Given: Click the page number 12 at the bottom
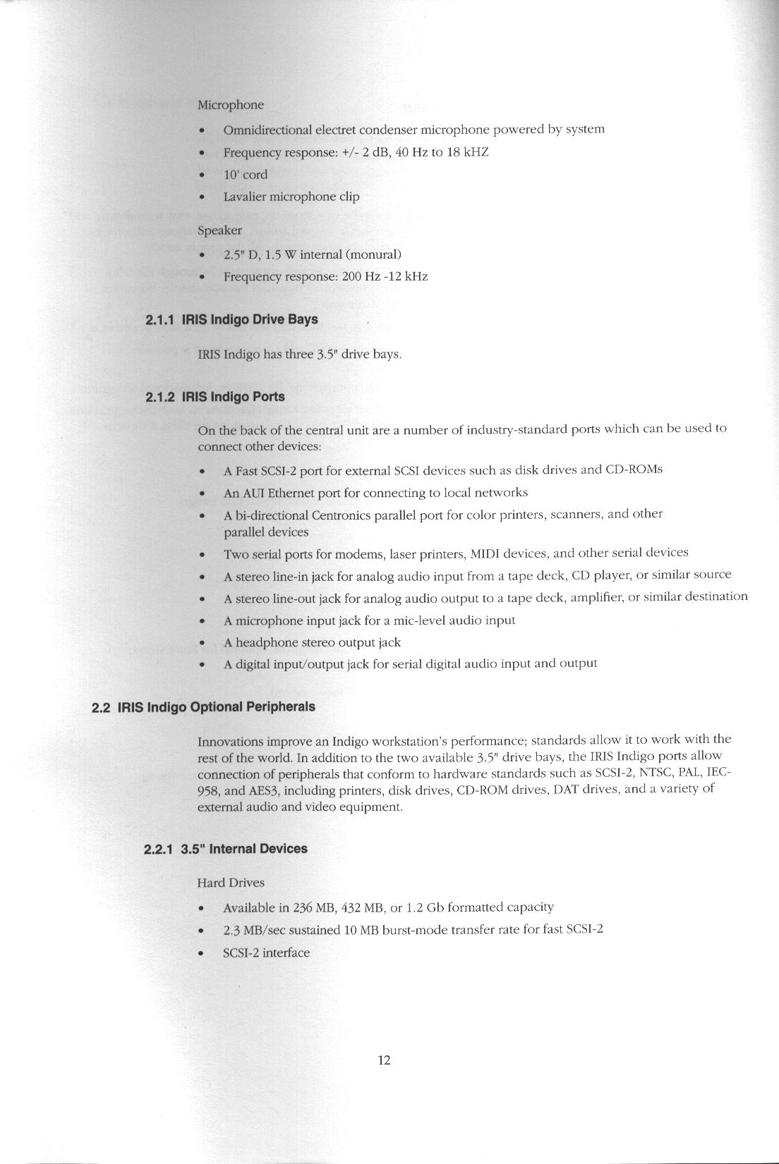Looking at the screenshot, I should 384,1060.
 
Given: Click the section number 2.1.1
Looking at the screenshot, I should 160,319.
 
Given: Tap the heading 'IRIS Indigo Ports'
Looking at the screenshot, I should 233,396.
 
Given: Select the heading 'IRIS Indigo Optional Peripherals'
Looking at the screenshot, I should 216,706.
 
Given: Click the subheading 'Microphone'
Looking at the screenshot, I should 230,105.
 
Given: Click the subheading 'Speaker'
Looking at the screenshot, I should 219,231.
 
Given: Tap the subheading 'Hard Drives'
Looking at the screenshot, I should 231,883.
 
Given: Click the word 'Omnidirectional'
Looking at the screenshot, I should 267,130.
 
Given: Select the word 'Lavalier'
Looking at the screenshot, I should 241,197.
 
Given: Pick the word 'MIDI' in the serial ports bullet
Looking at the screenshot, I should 485,553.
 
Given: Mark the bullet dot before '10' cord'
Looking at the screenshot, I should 203,175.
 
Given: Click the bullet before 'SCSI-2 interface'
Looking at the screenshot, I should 203,953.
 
